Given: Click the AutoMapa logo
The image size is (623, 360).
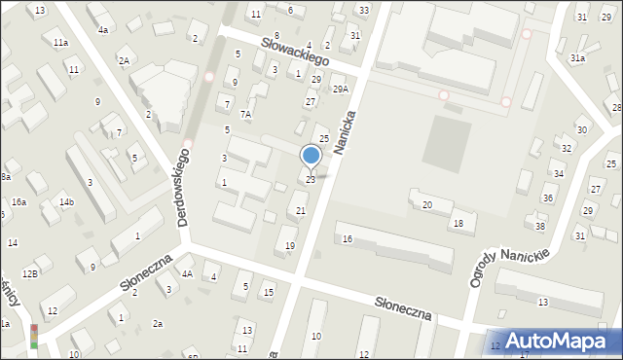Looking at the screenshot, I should pos(559,341).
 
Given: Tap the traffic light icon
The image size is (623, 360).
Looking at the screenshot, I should pos(35,336).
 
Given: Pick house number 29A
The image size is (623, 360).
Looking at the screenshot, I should pos(340,90).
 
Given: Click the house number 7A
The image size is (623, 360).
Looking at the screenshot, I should pos(246,114).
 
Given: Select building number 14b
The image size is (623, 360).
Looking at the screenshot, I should pos(66,201).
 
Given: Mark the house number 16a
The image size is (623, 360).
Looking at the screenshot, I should pos(18,201).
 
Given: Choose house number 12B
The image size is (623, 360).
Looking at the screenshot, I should pos(30,274).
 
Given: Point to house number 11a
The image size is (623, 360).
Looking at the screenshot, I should pos(60,43).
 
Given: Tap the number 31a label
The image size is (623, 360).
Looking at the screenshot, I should pos(577,58).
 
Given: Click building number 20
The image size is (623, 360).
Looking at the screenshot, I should pos(426,205).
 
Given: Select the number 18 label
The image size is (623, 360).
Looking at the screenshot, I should pos(458,224).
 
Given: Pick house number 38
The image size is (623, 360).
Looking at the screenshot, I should pos(540,227).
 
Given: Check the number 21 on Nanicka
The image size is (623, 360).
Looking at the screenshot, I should pos(301,211).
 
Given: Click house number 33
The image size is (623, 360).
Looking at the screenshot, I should pos(363,10).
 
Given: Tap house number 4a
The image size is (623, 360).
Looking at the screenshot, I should pos(102,30).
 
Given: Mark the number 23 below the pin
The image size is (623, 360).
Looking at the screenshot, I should pos(311,180).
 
